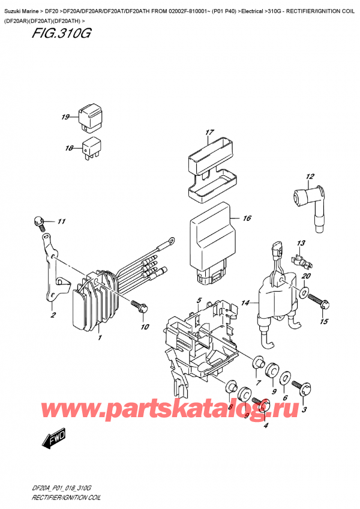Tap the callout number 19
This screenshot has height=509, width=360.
click(x=65, y=117)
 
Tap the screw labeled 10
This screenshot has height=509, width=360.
click(x=140, y=306)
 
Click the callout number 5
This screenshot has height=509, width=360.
click(x=199, y=300)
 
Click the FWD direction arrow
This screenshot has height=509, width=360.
click(x=53, y=442)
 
